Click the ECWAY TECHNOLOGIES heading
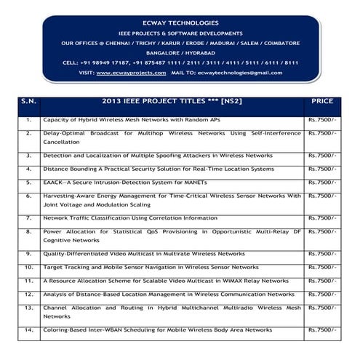coord(180,22)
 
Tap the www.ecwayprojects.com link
coord(129,73)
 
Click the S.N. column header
coord(28,102)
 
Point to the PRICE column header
coord(321,102)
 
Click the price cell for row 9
coord(321,254)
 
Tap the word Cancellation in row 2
coord(62,143)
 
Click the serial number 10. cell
coord(28,267)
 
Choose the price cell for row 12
coord(321,293)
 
